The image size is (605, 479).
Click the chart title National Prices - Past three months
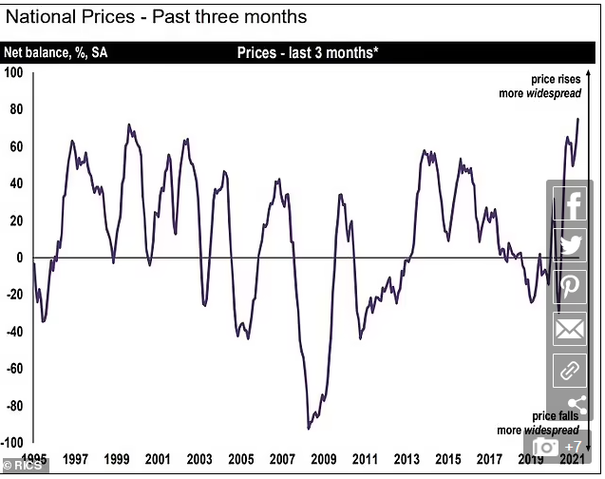pos(157,17)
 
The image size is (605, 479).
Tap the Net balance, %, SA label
pos(55,52)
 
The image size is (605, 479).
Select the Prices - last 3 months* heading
pos(308,52)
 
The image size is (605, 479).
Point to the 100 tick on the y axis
pos(13,72)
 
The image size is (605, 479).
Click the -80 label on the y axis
pos(15,406)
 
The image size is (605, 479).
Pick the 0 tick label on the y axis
pos(19,258)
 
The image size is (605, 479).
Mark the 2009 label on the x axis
pos(323,459)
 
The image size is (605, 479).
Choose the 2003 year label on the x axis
pos(199,459)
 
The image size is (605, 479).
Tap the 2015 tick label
pos(448,459)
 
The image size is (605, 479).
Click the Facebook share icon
pos(570,203)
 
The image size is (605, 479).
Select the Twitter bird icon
pos(570,245)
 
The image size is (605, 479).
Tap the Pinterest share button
pos(570,287)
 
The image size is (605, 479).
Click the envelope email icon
pos(570,329)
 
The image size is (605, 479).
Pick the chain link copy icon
pos(570,371)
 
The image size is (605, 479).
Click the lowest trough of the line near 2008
pos(308,429)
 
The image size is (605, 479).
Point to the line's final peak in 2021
pos(578,119)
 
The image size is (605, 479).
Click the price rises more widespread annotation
pos(539,86)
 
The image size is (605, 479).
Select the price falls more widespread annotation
pos(539,423)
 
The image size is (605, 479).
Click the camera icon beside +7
pos(545,447)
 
